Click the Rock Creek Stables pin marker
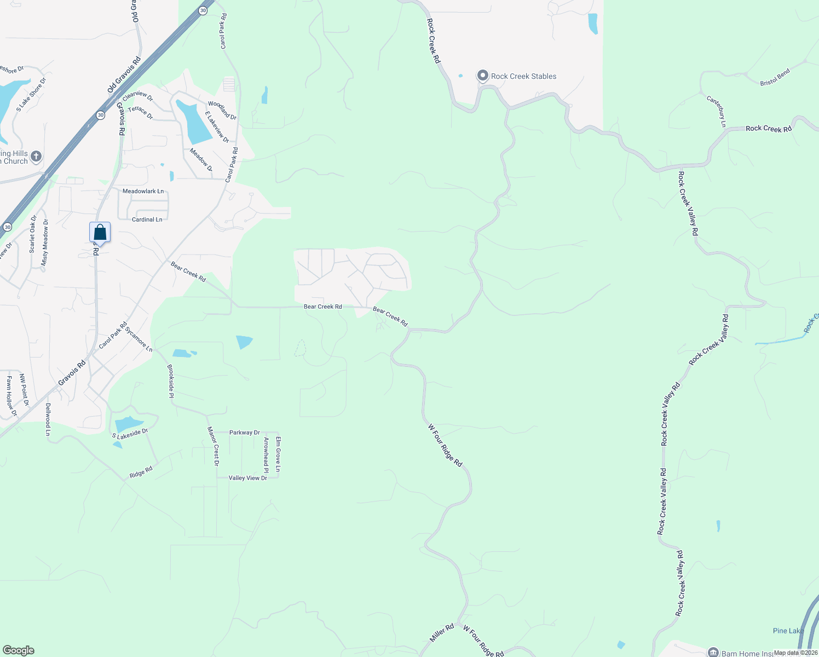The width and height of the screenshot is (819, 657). [x=482, y=76]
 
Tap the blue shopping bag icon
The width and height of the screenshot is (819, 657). [x=100, y=232]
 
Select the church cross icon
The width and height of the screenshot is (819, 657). [x=36, y=157]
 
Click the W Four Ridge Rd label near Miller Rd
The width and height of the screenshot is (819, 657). [x=483, y=641]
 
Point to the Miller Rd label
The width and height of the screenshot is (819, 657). [x=442, y=633]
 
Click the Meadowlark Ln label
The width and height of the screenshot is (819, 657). [x=143, y=192]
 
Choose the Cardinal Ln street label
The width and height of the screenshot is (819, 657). [x=147, y=220]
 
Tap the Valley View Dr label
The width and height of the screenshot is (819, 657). [x=248, y=478]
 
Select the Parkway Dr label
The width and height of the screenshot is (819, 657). [x=244, y=433]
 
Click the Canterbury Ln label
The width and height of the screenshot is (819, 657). [x=716, y=112]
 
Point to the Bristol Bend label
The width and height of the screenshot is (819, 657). [x=775, y=77]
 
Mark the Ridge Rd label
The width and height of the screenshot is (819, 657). [x=141, y=471]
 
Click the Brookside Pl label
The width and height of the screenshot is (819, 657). [x=171, y=381]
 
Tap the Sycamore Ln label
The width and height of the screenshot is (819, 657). [x=139, y=339]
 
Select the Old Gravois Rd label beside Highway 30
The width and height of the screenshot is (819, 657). [x=125, y=74]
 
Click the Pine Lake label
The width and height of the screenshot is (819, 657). [x=788, y=631]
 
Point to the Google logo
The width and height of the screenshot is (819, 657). [x=19, y=650]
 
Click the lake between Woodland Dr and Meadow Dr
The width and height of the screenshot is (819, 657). [x=194, y=122]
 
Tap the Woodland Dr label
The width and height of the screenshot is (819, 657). [x=222, y=110]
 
